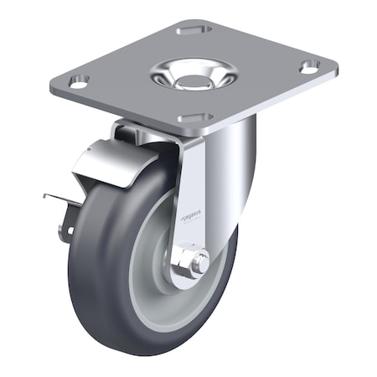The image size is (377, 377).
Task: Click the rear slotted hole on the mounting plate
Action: click(x=193, y=30)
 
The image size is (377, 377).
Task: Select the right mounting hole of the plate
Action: click(x=309, y=65)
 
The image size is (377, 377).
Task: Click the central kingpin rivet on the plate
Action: click(x=194, y=81)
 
